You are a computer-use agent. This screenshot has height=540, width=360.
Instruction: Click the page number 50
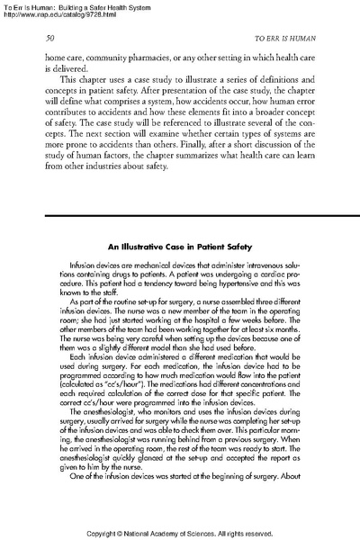(x=50, y=41)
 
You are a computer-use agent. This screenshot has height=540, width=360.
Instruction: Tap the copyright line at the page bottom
(x=180, y=531)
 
